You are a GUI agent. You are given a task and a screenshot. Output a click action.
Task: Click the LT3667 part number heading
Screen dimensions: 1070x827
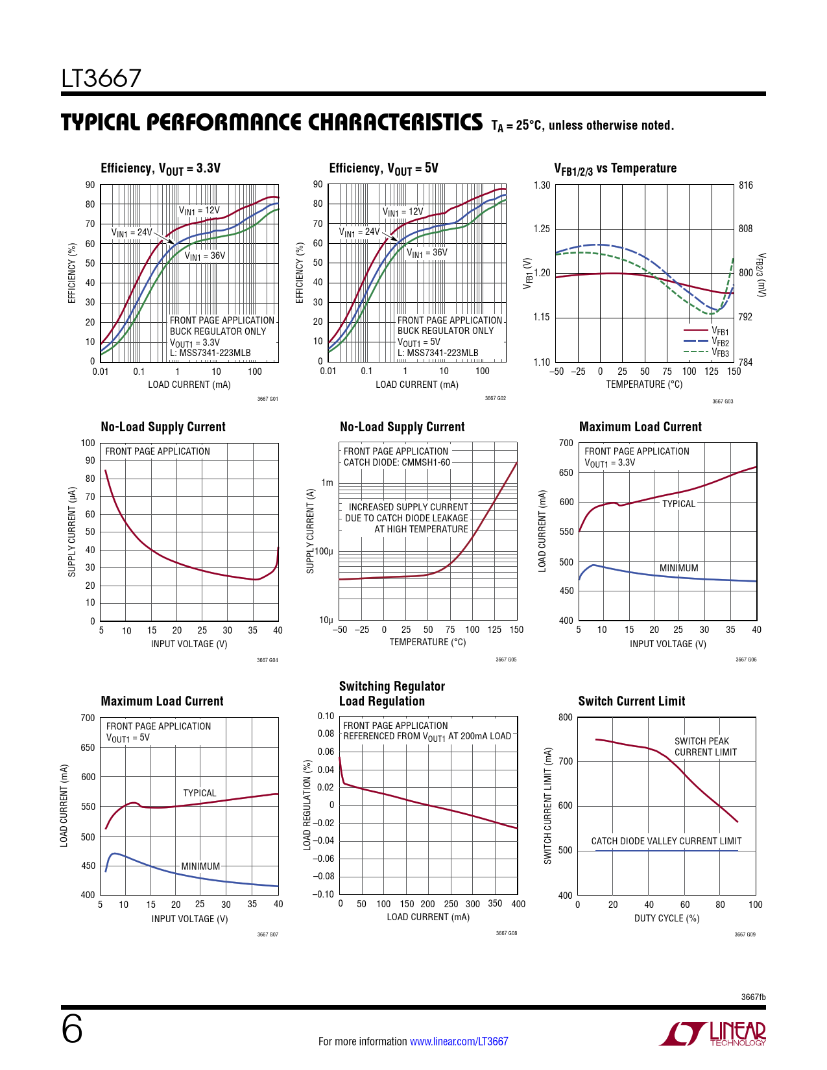tap(101, 78)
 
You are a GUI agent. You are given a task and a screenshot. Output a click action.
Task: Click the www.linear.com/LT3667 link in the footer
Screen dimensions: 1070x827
tap(459, 1041)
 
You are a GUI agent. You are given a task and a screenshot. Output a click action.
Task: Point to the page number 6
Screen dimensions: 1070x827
tap(72, 1029)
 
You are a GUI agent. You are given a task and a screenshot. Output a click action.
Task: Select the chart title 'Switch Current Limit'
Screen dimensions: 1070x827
tap(631, 701)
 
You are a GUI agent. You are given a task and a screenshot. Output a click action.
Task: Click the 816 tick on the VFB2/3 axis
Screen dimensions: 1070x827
tap(746, 185)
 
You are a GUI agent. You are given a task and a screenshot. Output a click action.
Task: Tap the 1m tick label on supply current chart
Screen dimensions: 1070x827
tap(328, 482)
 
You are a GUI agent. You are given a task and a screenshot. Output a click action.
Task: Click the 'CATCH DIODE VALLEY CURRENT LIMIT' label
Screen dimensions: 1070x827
tap(666, 841)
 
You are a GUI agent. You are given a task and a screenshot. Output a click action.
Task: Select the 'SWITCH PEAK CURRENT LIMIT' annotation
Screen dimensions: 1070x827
tap(705, 746)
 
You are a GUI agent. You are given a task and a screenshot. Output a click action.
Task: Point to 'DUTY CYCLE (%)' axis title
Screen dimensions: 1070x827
tap(667, 918)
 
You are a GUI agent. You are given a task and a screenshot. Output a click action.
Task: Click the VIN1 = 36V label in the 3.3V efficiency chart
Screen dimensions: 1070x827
tap(205, 256)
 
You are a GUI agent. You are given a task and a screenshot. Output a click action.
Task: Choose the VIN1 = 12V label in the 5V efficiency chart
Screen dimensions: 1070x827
tap(403, 212)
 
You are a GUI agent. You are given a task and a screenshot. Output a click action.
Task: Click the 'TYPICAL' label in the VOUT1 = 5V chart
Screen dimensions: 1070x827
tap(200, 793)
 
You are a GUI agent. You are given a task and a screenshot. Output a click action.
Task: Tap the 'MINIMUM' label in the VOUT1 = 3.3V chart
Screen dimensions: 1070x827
tap(678, 568)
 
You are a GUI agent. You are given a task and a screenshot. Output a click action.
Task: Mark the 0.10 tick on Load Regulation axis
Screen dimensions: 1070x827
tap(326, 716)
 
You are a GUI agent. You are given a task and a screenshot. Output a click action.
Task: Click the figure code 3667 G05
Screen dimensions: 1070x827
tap(506, 660)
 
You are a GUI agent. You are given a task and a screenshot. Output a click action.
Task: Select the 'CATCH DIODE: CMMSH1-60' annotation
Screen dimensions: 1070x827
tap(396, 462)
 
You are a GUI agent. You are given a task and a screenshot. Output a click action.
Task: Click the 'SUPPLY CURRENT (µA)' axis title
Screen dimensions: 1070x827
tap(72, 532)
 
